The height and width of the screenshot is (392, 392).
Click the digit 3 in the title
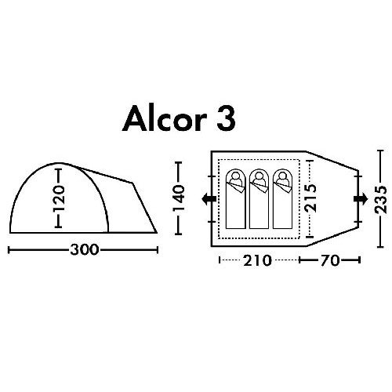coord(226,119)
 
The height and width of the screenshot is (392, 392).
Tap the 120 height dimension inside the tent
coord(59,198)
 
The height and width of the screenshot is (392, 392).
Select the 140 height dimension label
coord(179,198)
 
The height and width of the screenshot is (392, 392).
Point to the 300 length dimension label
coord(85,250)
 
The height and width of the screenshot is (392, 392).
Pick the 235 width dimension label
coord(380,199)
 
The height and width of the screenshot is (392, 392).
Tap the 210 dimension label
coord(257,260)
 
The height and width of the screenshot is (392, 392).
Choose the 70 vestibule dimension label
coord(330,260)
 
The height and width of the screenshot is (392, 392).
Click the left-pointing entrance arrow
coord(209,199)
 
